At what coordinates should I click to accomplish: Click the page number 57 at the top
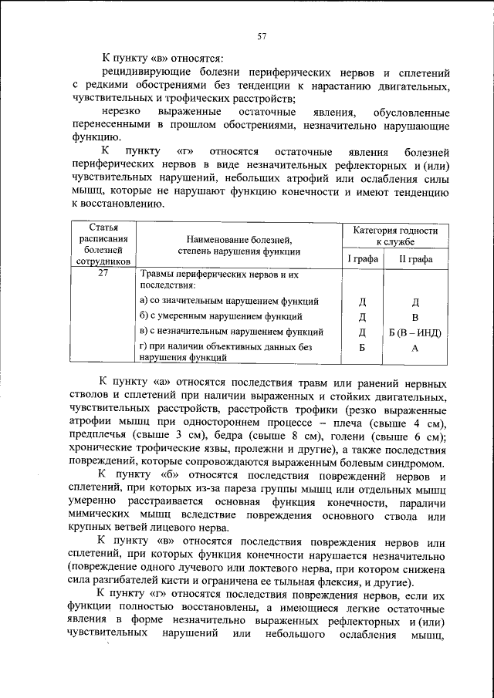pos(262,36)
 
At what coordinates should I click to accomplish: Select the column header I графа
pos(361,259)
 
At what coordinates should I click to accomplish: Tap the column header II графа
pos(414,259)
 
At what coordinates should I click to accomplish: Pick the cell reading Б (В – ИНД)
pos(414,332)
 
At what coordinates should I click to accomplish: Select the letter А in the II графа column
pos(414,349)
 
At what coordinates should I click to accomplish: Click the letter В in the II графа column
pos(414,317)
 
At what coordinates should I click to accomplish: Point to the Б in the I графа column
pos(361,349)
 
